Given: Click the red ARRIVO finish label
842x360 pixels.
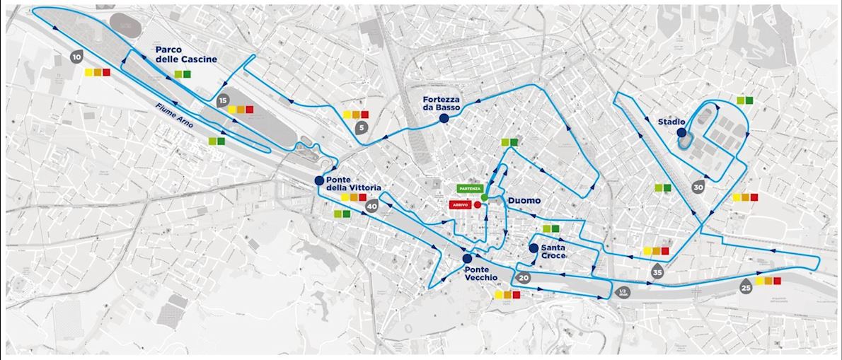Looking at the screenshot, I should pos(462,204).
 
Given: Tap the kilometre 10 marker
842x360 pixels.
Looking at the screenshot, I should pos(76,56).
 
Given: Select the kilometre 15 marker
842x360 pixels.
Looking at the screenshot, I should pos(224,100).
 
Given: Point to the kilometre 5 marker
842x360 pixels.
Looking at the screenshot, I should pos(362,127).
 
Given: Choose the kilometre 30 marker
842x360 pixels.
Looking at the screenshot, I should pos(698,187).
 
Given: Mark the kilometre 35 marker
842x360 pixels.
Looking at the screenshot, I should pos(658,272).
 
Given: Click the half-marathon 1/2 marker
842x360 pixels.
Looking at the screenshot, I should pos(623,292).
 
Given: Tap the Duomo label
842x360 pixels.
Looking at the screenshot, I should pos(525,201).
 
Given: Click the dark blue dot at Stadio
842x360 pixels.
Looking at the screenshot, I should pos(681,132).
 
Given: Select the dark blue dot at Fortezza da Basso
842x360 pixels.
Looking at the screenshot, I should pos(444,120).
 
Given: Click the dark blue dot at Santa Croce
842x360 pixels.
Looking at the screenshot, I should pos(534,248).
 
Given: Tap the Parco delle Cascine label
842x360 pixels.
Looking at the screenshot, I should pos(186,54).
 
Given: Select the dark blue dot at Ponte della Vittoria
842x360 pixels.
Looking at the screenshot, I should pos(319,181).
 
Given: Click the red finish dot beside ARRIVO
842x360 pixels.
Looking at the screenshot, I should pos(478,204).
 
